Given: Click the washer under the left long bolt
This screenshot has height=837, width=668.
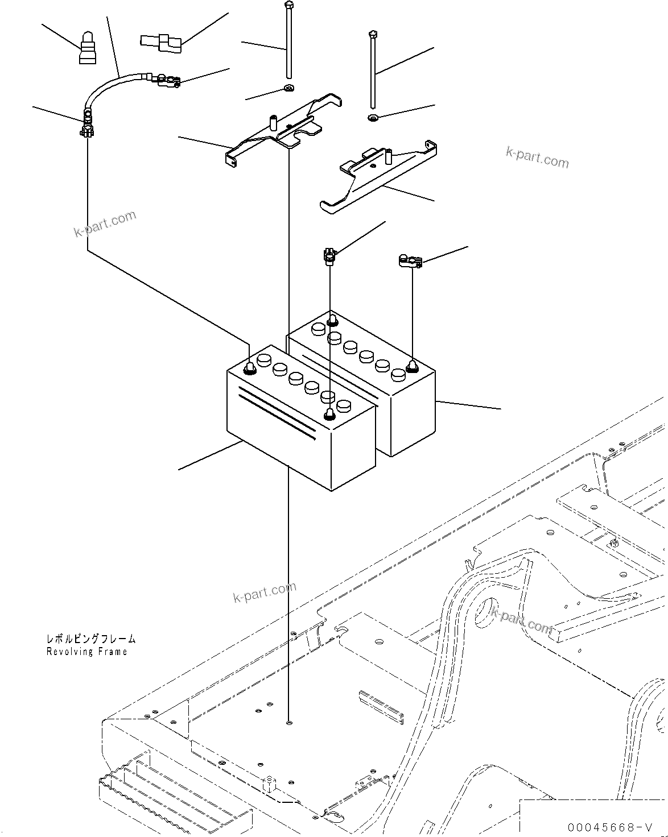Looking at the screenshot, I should (289, 88).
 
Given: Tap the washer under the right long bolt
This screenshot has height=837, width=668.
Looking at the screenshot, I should (373, 118).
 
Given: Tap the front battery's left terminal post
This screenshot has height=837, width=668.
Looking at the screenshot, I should (249, 368).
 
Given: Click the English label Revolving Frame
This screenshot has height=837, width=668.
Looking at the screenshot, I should (87, 652).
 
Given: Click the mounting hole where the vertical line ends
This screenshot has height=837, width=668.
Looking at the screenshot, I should (290, 723).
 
